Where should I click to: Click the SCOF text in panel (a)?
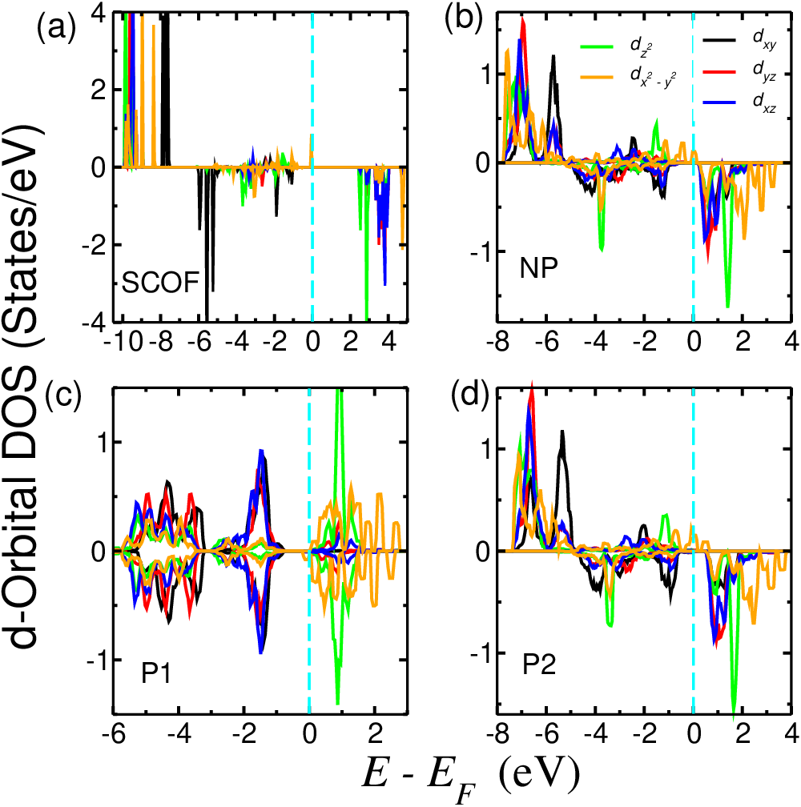[160, 283]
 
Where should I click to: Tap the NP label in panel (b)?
[539, 268]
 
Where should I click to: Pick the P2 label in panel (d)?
[540, 665]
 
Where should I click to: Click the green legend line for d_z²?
[598, 46]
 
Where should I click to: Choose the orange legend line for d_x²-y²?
[598, 77]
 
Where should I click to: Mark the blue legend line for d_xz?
[719, 102]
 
